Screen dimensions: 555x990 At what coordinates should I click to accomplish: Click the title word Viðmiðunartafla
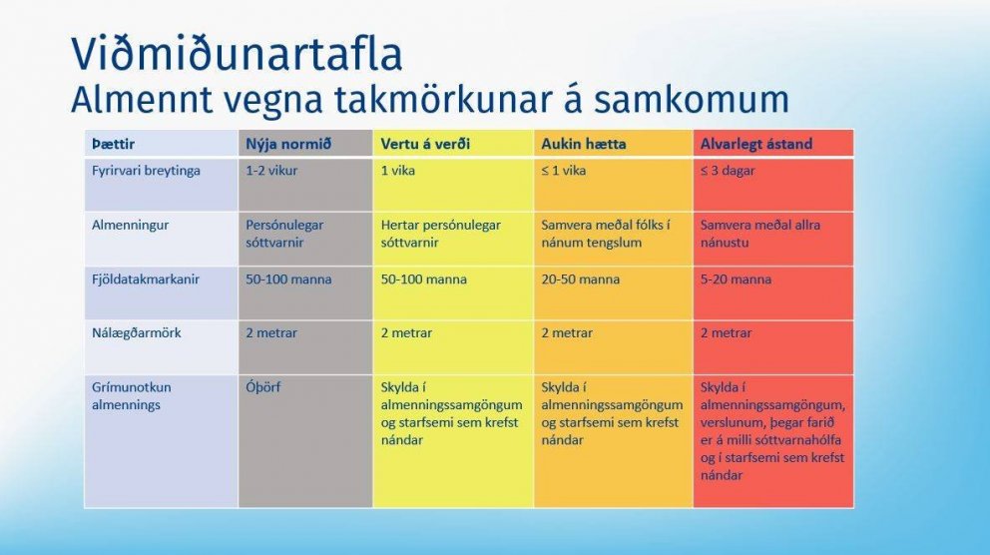tap(236, 55)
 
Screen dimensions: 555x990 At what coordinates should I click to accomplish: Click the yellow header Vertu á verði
tap(425, 144)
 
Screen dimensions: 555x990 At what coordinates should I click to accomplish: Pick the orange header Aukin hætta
tap(584, 144)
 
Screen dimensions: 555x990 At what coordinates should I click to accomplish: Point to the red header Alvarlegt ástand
tap(756, 144)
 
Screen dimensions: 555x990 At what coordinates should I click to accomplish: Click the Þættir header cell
tap(112, 144)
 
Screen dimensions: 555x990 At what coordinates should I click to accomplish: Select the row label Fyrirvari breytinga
tap(146, 171)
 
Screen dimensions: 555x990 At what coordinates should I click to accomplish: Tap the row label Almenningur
tap(130, 226)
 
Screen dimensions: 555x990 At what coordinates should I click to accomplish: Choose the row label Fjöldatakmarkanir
tap(146, 279)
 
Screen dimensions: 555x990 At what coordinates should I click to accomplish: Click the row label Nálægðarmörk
tap(137, 333)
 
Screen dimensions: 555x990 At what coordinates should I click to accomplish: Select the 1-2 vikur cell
tap(271, 171)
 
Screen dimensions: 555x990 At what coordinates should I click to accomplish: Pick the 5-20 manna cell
tap(736, 279)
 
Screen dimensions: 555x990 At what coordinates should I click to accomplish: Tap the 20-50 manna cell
tap(580, 279)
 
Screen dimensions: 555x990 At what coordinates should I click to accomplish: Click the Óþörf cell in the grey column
tap(263, 387)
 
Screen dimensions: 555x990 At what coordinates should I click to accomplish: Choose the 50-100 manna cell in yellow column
tap(423, 279)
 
